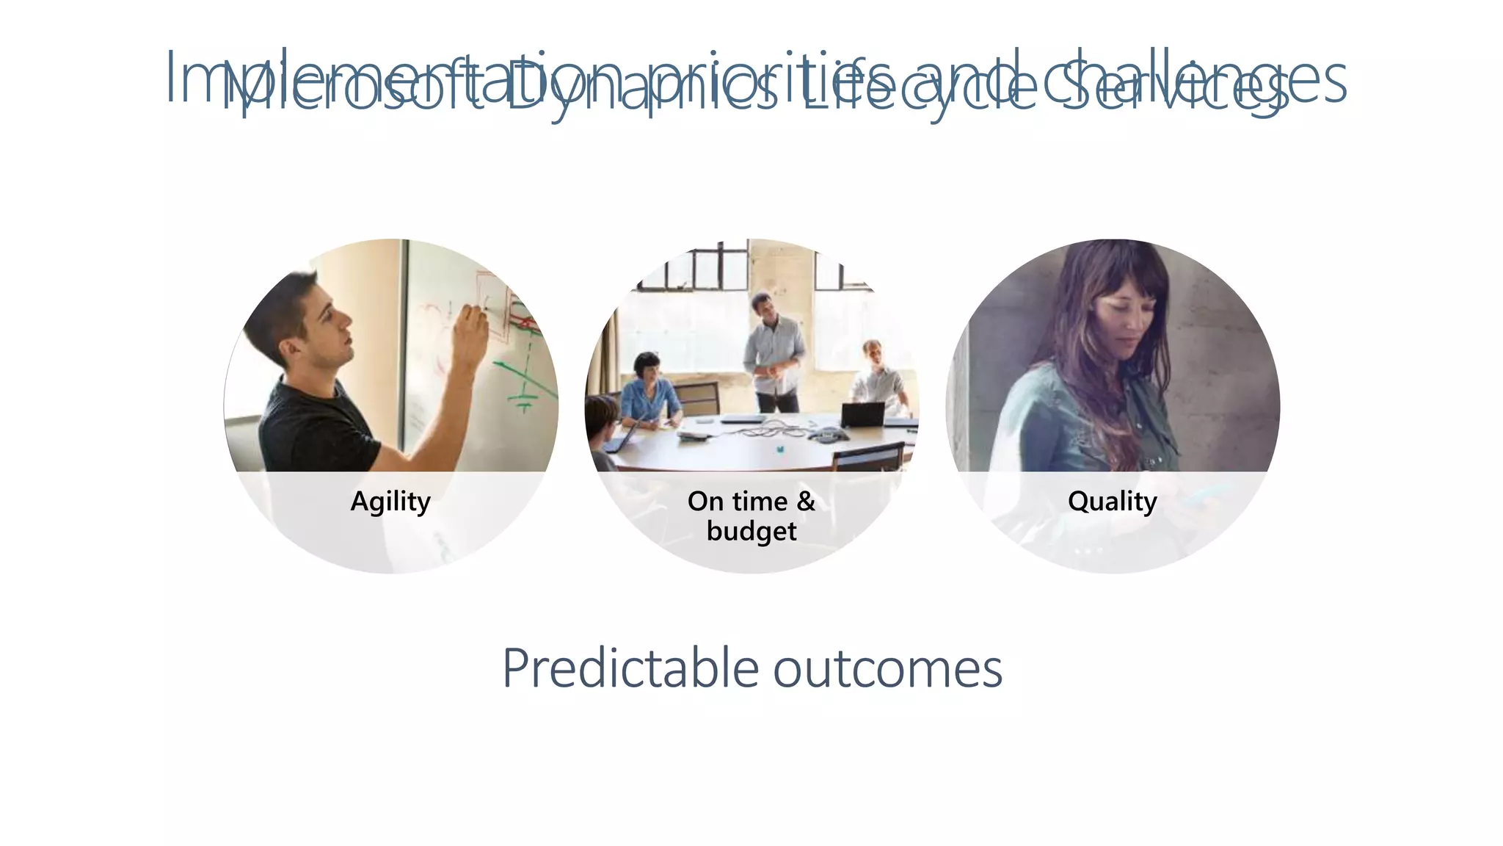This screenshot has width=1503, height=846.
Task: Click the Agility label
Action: point(390,502)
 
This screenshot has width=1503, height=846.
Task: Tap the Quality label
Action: point(1112,502)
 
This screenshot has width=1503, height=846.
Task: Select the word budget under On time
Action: point(751,531)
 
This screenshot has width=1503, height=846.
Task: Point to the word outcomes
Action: point(887,668)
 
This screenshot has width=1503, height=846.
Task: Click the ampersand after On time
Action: point(806,502)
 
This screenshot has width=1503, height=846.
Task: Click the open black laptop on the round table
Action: point(862,415)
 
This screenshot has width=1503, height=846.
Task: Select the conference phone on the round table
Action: point(827,435)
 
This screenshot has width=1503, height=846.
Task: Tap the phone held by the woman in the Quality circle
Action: point(1204,493)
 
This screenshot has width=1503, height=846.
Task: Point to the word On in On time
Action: point(705,502)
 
